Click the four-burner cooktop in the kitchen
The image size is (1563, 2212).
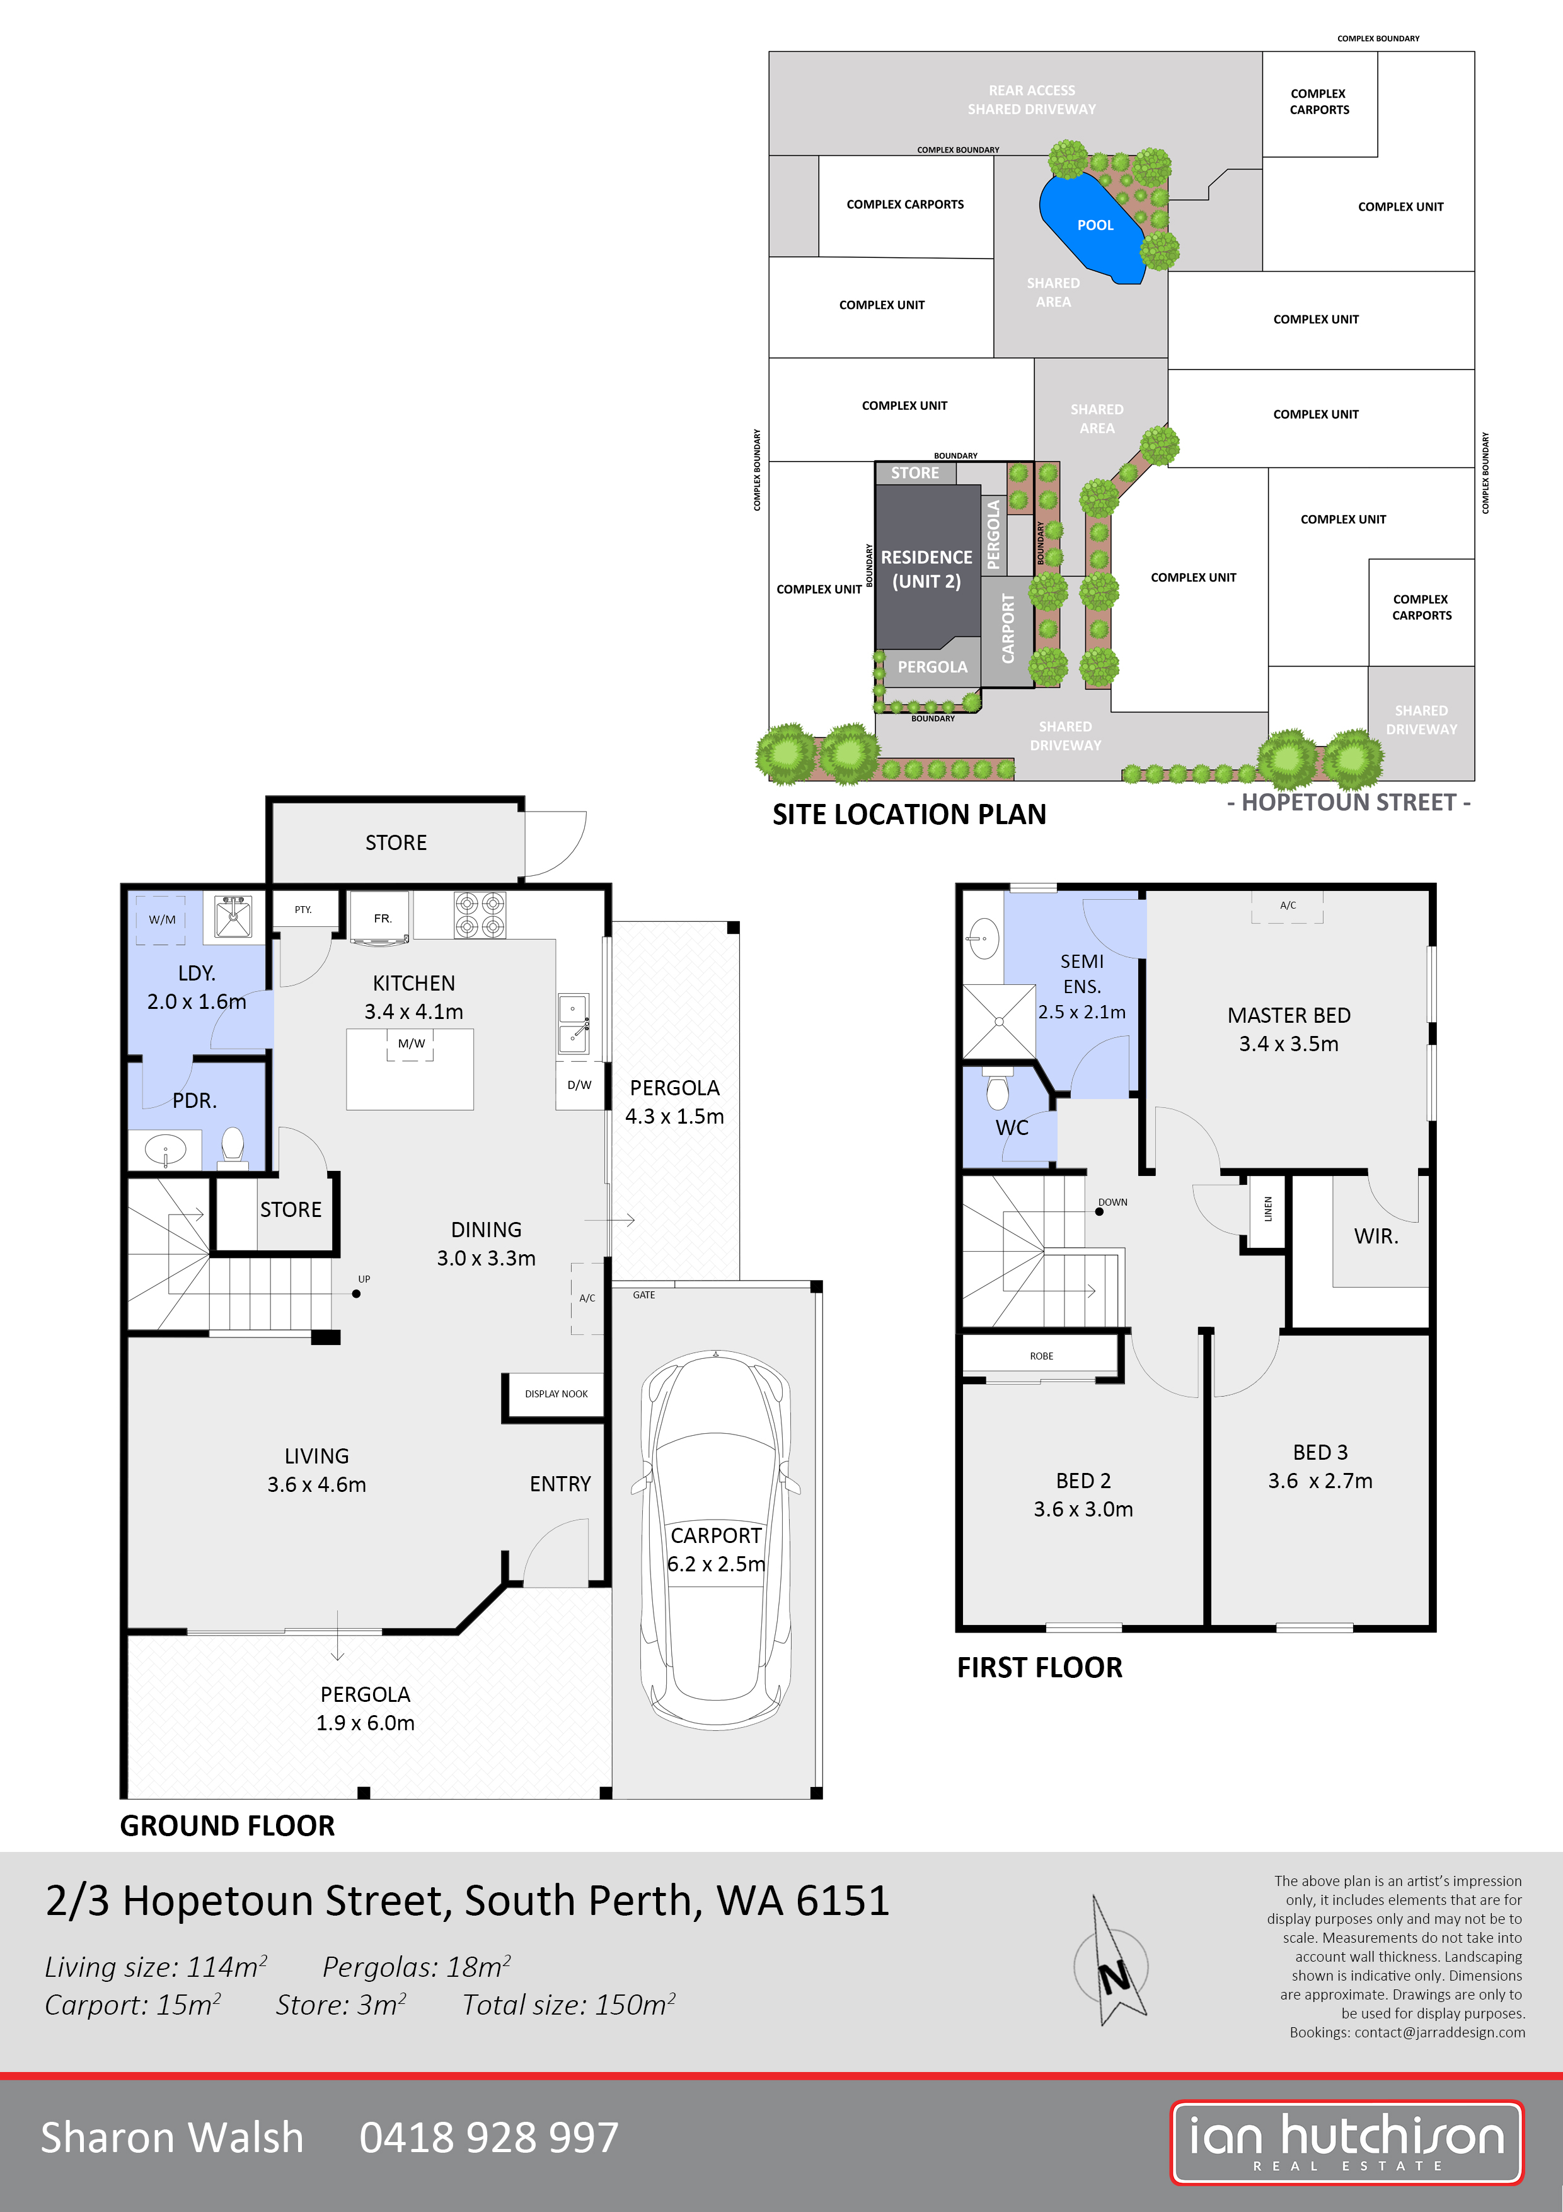coord(480,914)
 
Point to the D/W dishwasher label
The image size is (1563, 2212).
coord(579,1085)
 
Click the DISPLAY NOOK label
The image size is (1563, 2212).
coord(556,1394)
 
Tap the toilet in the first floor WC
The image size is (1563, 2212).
coord(997,1091)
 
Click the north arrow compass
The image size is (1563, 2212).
coord(1113,1965)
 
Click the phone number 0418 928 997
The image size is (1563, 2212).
coord(488,2138)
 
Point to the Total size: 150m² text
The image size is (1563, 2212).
coord(568,2005)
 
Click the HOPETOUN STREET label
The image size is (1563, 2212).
coord(1347,803)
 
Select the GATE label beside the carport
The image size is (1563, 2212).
coord(643,1295)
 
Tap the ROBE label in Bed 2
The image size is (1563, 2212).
coord(1041,1356)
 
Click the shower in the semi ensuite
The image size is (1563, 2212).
coord(999,1022)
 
